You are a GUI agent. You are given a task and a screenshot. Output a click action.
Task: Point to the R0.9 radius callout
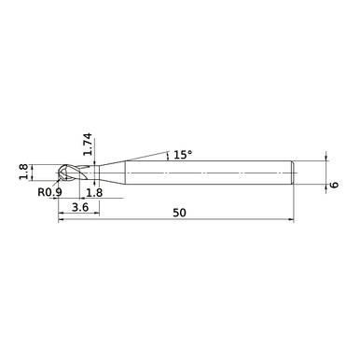pyautogui.click(x=49, y=193)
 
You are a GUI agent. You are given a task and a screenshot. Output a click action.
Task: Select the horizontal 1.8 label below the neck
pyautogui.click(x=93, y=193)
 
